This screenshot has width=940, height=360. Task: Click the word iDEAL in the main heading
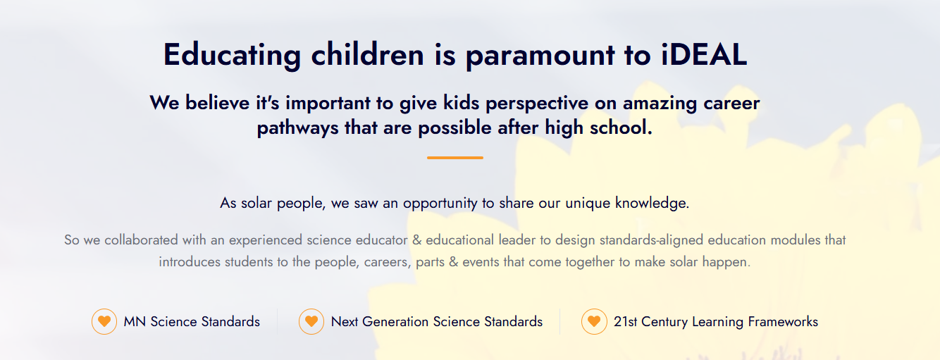704,54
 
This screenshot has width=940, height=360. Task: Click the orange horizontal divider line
455,158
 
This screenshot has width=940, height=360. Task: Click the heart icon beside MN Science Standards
104,321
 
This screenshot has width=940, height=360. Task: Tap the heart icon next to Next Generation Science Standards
311,321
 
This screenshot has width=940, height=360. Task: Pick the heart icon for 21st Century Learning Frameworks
594,321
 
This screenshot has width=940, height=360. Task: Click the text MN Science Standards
192,322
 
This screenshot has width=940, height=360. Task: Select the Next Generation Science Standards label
437,322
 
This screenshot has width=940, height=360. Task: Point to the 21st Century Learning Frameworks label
716,322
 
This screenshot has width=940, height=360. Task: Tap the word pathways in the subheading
297,128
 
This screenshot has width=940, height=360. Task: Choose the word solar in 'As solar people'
256,203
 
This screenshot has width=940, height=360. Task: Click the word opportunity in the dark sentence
440,204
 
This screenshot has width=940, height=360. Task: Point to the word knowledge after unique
652,204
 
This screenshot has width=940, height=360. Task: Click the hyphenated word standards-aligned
651,240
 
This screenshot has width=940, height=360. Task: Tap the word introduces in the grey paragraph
190,262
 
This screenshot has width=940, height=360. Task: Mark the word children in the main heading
368,54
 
